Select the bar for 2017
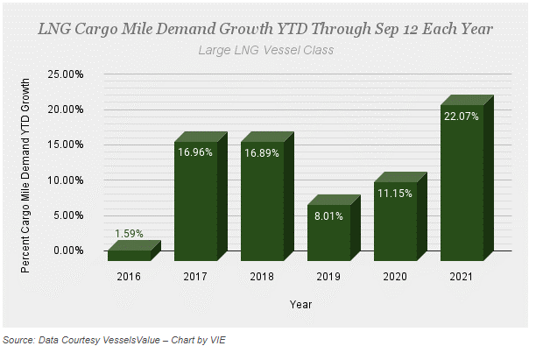[195, 206]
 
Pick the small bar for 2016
[129, 255]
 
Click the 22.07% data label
[462, 116]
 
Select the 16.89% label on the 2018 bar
[262, 152]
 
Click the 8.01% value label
[328, 215]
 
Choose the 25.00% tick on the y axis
[67, 74]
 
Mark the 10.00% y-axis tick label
[67, 180]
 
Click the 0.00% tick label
[69, 251]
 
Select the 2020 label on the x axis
[395, 278]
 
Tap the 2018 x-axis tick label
[262, 278]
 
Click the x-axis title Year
[300, 304]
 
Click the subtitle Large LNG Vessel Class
[266, 49]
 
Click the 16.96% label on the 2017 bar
[194, 152]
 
